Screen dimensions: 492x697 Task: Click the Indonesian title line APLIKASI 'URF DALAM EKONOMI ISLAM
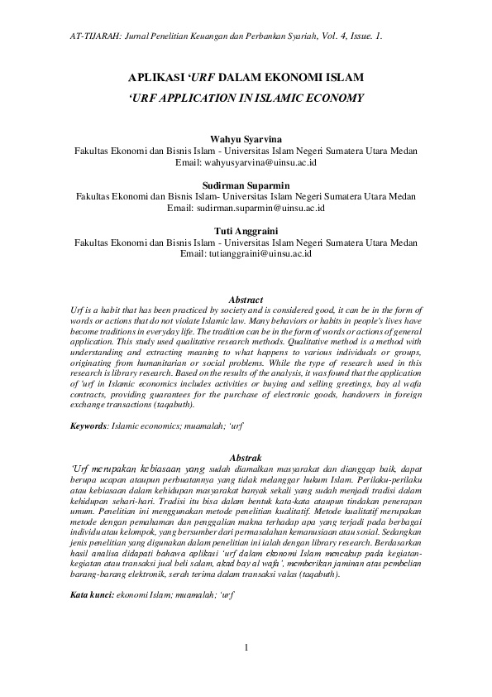[x=246, y=77]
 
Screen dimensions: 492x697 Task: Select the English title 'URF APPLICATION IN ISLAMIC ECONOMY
[x=246, y=97]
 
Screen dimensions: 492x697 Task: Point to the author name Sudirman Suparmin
[x=246, y=185]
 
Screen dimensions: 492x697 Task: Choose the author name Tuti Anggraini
[x=246, y=231]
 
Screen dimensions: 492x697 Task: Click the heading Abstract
[x=246, y=299]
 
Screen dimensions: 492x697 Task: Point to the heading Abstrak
[x=246, y=457]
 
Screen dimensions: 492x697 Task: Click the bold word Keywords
[x=88, y=425]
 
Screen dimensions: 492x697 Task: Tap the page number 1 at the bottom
[x=246, y=670]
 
